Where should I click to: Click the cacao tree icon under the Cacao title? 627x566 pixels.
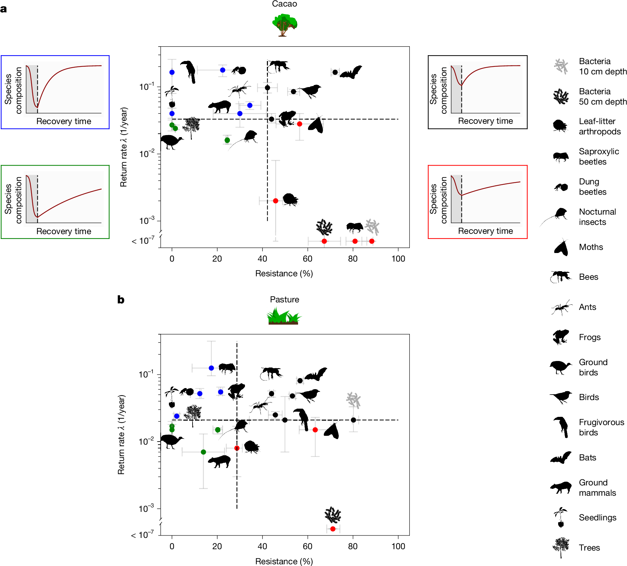(x=284, y=25)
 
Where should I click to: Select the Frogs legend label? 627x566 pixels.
(x=589, y=337)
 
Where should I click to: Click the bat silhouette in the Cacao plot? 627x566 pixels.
(x=351, y=72)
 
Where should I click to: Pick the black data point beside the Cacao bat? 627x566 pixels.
(x=335, y=72)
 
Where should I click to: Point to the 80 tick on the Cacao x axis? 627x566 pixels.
(x=353, y=259)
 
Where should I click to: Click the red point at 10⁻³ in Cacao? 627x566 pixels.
(x=275, y=201)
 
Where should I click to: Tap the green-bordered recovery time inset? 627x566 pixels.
(x=55, y=202)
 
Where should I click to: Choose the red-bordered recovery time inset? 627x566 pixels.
(x=477, y=202)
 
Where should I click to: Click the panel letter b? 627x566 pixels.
(x=121, y=300)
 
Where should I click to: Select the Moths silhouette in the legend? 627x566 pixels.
(x=561, y=247)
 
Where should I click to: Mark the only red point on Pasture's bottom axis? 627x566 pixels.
(x=333, y=529)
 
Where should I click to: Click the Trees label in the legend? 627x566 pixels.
(x=589, y=547)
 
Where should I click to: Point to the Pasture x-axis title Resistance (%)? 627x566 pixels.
(x=284, y=561)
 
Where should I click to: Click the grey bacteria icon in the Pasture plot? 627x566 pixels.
(x=354, y=400)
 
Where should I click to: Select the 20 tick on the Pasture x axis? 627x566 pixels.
(x=217, y=546)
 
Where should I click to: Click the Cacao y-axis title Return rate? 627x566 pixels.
(x=124, y=147)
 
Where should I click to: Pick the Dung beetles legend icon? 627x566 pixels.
(x=561, y=187)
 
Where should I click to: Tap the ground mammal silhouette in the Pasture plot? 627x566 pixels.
(x=219, y=461)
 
